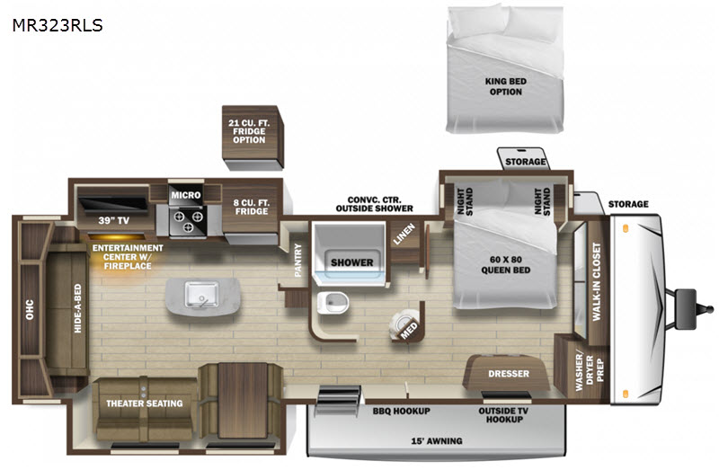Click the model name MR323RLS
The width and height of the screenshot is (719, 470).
click(x=58, y=25)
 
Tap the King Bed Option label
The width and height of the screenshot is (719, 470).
click(x=506, y=86)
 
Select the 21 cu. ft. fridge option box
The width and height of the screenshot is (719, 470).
click(x=253, y=137)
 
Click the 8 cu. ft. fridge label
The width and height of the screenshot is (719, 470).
click(x=252, y=207)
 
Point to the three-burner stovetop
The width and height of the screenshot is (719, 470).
click(x=188, y=220)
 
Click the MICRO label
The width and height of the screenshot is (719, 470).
click(x=186, y=195)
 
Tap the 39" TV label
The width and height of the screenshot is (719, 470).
click(x=114, y=220)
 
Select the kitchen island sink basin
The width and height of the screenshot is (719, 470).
click(x=201, y=294)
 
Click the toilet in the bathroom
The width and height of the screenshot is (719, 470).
click(x=333, y=303)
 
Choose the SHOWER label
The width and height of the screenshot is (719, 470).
click(x=351, y=262)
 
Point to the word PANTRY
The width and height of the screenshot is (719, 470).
click(x=298, y=261)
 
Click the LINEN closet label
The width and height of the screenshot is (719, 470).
click(x=404, y=234)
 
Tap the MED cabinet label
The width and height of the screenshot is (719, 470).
click(x=409, y=330)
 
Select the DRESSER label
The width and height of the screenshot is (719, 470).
click(x=509, y=374)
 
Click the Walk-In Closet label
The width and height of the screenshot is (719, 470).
click(x=596, y=281)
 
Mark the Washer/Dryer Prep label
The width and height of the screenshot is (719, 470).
click(x=590, y=370)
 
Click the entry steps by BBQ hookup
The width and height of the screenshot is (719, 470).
click(x=339, y=400)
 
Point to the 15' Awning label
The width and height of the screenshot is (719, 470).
click(x=437, y=441)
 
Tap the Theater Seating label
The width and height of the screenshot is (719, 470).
click(x=145, y=403)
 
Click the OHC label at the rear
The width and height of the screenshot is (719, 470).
click(x=30, y=309)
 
